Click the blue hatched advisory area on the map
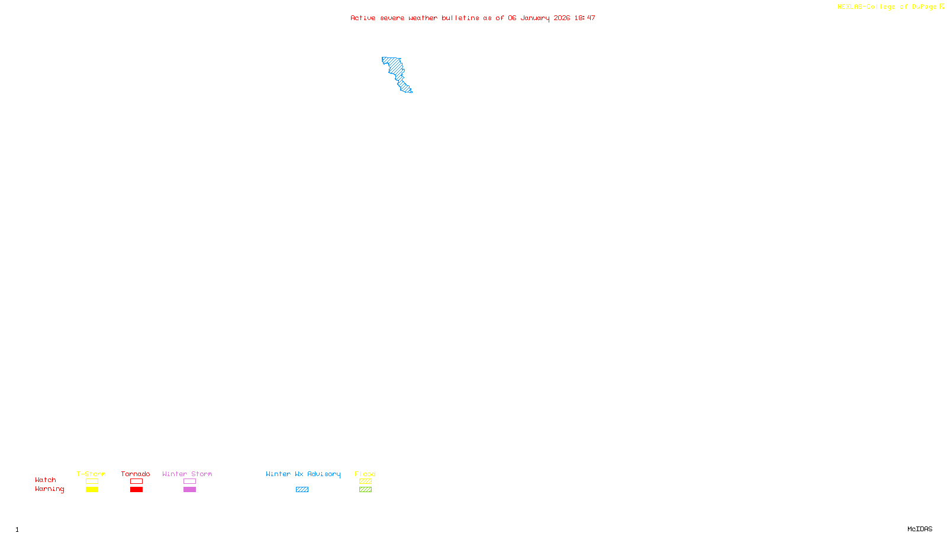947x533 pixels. tap(395, 68)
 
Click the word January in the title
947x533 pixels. tap(534, 18)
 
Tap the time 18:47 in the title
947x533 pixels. tap(584, 18)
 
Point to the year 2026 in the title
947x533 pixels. tap(562, 18)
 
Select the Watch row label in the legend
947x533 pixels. tap(46, 480)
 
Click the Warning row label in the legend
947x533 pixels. tap(49, 489)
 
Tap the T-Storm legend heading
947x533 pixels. tap(91, 474)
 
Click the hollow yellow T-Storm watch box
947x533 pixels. tap(92, 481)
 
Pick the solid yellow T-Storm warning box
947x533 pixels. tap(92, 490)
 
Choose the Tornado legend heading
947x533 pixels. tap(136, 474)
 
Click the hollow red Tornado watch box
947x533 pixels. tap(136, 481)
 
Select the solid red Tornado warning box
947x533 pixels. tap(136, 490)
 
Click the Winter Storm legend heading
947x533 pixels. tap(187, 474)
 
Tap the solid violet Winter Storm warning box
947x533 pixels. tap(189, 490)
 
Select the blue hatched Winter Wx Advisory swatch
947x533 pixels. tap(302, 490)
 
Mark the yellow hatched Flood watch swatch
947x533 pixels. tap(365, 481)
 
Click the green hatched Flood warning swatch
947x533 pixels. tap(365, 490)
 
